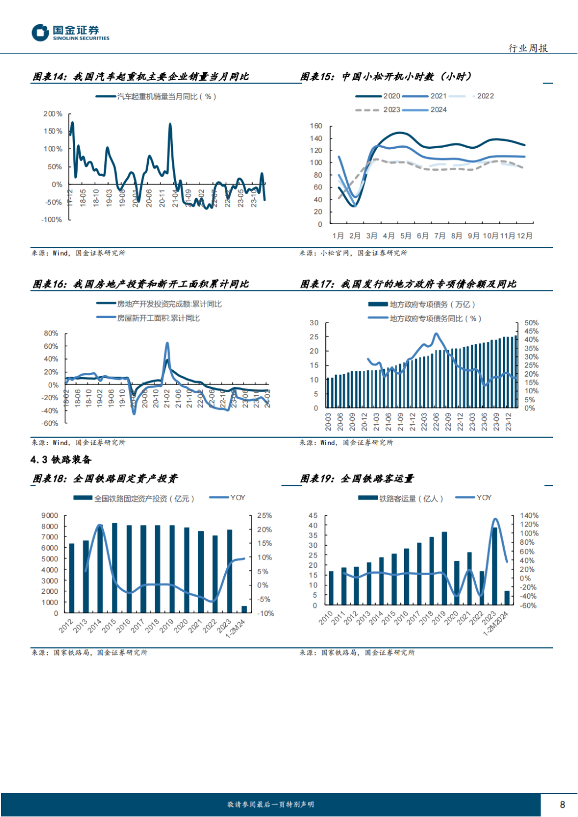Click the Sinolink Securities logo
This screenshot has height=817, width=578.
click(x=70, y=33)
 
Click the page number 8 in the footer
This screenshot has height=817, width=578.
click(x=562, y=804)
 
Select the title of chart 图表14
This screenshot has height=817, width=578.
click(x=141, y=77)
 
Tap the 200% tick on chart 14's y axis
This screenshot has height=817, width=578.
click(x=53, y=114)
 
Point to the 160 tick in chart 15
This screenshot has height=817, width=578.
click(x=316, y=126)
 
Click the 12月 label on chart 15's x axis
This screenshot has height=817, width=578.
click(x=524, y=236)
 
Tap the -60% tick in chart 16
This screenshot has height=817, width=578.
click(x=50, y=423)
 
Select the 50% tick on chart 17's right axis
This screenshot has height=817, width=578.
click(x=531, y=323)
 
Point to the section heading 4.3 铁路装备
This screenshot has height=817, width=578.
click(x=61, y=460)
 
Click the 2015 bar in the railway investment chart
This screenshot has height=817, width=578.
click(x=115, y=568)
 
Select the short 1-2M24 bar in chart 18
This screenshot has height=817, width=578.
click(x=244, y=609)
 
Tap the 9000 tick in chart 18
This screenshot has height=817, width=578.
click(x=50, y=516)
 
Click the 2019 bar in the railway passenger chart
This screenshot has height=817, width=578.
click(x=444, y=568)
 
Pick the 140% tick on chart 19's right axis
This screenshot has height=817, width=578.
click(x=529, y=516)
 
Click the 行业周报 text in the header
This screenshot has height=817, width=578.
click(x=528, y=48)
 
